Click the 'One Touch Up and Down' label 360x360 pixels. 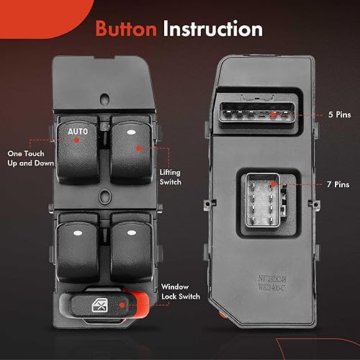pyautogui.click(x=27, y=158)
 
